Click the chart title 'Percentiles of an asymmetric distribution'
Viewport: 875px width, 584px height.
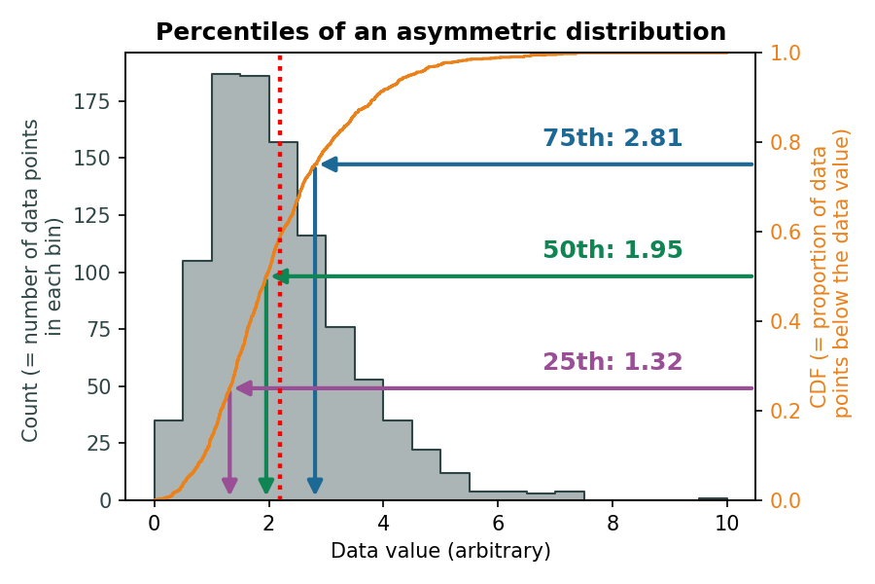tap(440, 32)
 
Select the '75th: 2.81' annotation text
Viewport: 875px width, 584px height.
tap(612, 138)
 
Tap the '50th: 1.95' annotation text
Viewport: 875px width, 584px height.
tap(612, 250)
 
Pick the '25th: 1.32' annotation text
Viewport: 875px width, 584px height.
tap(612, 362)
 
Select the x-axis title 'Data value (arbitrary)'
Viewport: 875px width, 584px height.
tap(440, 551)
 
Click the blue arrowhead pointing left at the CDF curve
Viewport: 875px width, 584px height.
tap(329, 164)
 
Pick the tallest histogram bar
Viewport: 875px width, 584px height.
tap(226, 292)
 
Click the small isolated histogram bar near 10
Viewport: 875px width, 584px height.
tap(713, 497)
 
